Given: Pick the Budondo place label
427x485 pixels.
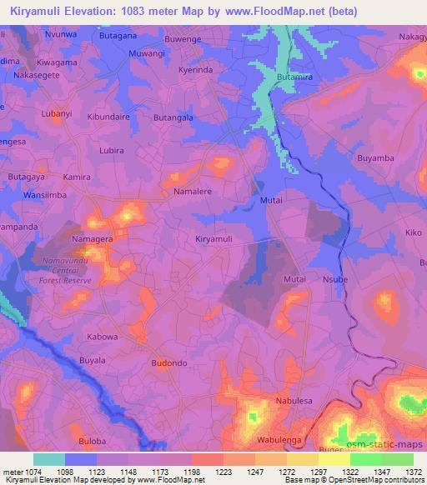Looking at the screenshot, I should (x=170, y=363).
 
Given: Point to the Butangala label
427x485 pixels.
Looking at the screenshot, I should (x=173, y=118).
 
